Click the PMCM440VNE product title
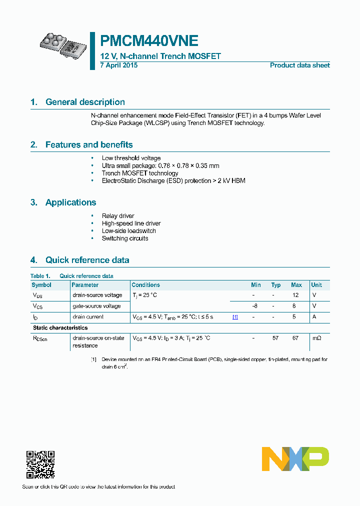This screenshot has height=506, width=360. (x=149, y=40)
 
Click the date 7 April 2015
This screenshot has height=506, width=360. (x=119, y=65)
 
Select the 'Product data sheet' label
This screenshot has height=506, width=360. (x=299, y=65)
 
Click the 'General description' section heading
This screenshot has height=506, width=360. (x=85, y=102)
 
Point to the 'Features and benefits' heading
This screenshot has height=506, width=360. (x=89, y=145)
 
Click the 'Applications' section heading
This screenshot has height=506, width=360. (x=70, y=202)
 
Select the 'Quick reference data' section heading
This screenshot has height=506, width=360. (x=87, y=260)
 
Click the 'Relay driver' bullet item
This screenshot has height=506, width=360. (x=118, y=216)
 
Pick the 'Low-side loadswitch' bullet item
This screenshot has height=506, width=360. (x=128, y=231)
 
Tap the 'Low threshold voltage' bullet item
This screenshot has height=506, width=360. (x=131, y=158)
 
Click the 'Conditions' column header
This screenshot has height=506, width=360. (x=145, y=285)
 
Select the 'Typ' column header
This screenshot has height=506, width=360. (x=275, y=285)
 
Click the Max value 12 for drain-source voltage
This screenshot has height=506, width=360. (x=295, y=295)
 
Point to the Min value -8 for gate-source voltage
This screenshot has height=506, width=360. (x=254, y=305)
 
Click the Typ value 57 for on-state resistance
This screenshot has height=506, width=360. (x=275, y=338)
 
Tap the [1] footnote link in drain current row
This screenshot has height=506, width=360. (x=235, y=317)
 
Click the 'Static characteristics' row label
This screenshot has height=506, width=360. (x=60, y=328)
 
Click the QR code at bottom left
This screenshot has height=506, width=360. (x=40, y=464)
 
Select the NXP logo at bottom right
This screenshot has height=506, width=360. (x=295, y=459)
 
